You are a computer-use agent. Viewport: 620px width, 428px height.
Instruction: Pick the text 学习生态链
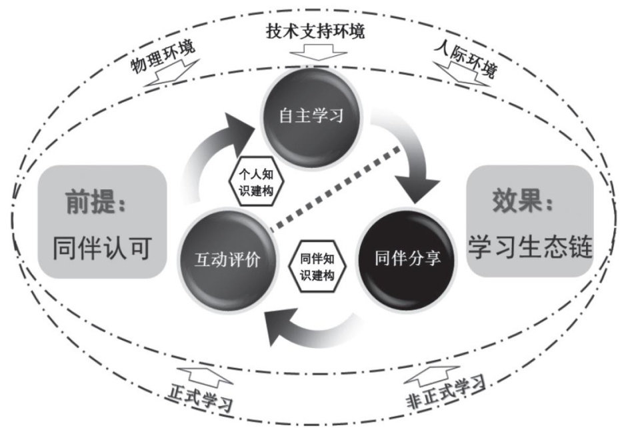[530, 249]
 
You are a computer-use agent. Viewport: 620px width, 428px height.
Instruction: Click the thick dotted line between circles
[341, 187]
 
